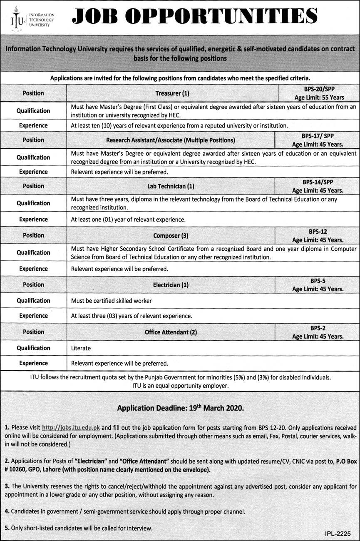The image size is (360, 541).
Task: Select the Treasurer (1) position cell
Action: click(172, 93)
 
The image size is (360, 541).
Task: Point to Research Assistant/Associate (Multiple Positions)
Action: click(170, 140)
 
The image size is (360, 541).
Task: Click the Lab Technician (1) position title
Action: click(171, 186)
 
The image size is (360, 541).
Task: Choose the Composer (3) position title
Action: click(171, 235)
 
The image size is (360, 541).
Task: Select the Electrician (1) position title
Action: click(171, 285)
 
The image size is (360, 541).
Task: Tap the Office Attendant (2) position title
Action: click(171, 332)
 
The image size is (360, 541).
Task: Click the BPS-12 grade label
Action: click(318, 232)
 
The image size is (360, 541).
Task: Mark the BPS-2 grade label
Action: click(318, 328)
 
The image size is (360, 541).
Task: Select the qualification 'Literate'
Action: click(81, 348)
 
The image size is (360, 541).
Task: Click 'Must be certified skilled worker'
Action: click(111, 301)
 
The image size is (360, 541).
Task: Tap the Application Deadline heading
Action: click(180, 408)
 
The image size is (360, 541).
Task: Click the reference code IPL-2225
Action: click(338, 533)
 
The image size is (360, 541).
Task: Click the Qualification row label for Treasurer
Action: click(33, 111)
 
